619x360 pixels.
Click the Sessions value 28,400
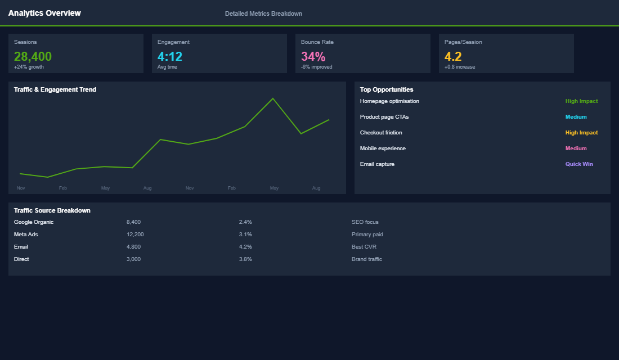[33, 56]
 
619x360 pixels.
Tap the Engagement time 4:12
[170, 56]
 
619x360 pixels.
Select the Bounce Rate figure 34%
[313, 56]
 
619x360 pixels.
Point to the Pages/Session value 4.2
[453, 56]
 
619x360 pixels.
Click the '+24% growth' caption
[29, 67]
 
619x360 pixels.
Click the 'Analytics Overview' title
[44, 13]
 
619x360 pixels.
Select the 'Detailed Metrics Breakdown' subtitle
[263, 13]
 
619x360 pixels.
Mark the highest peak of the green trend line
[273, 98]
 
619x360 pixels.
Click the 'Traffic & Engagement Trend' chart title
[55, 89]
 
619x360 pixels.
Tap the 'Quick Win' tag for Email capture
[579, 164]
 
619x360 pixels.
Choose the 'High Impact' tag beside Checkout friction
[581, 133]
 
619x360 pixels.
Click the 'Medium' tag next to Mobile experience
[576, 148]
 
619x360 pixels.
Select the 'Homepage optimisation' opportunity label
[389, 101]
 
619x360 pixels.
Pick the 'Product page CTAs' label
[384, 117]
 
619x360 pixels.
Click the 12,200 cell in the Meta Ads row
[135, 235]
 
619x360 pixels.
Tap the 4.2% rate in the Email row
[245, 247]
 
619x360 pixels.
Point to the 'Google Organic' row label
[34, 222]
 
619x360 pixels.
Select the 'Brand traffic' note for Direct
[366, 259]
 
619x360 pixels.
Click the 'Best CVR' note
[364, 247]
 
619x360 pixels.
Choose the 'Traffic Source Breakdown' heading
[52, 210]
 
